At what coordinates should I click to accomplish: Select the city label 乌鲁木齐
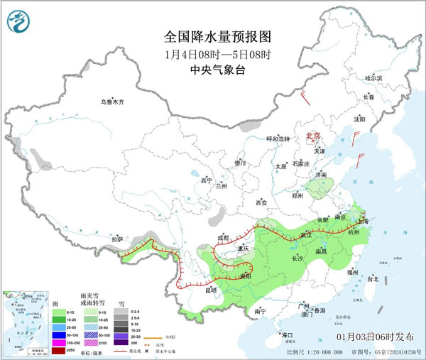pyautogui.click(x=116, y=102)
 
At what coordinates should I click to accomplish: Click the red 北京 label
pyautogui.click(x=313, y=135)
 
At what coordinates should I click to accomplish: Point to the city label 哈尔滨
pyautogui.click(x=373, y=77)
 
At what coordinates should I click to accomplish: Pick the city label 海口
pyautogui.click(x=287, y=334)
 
